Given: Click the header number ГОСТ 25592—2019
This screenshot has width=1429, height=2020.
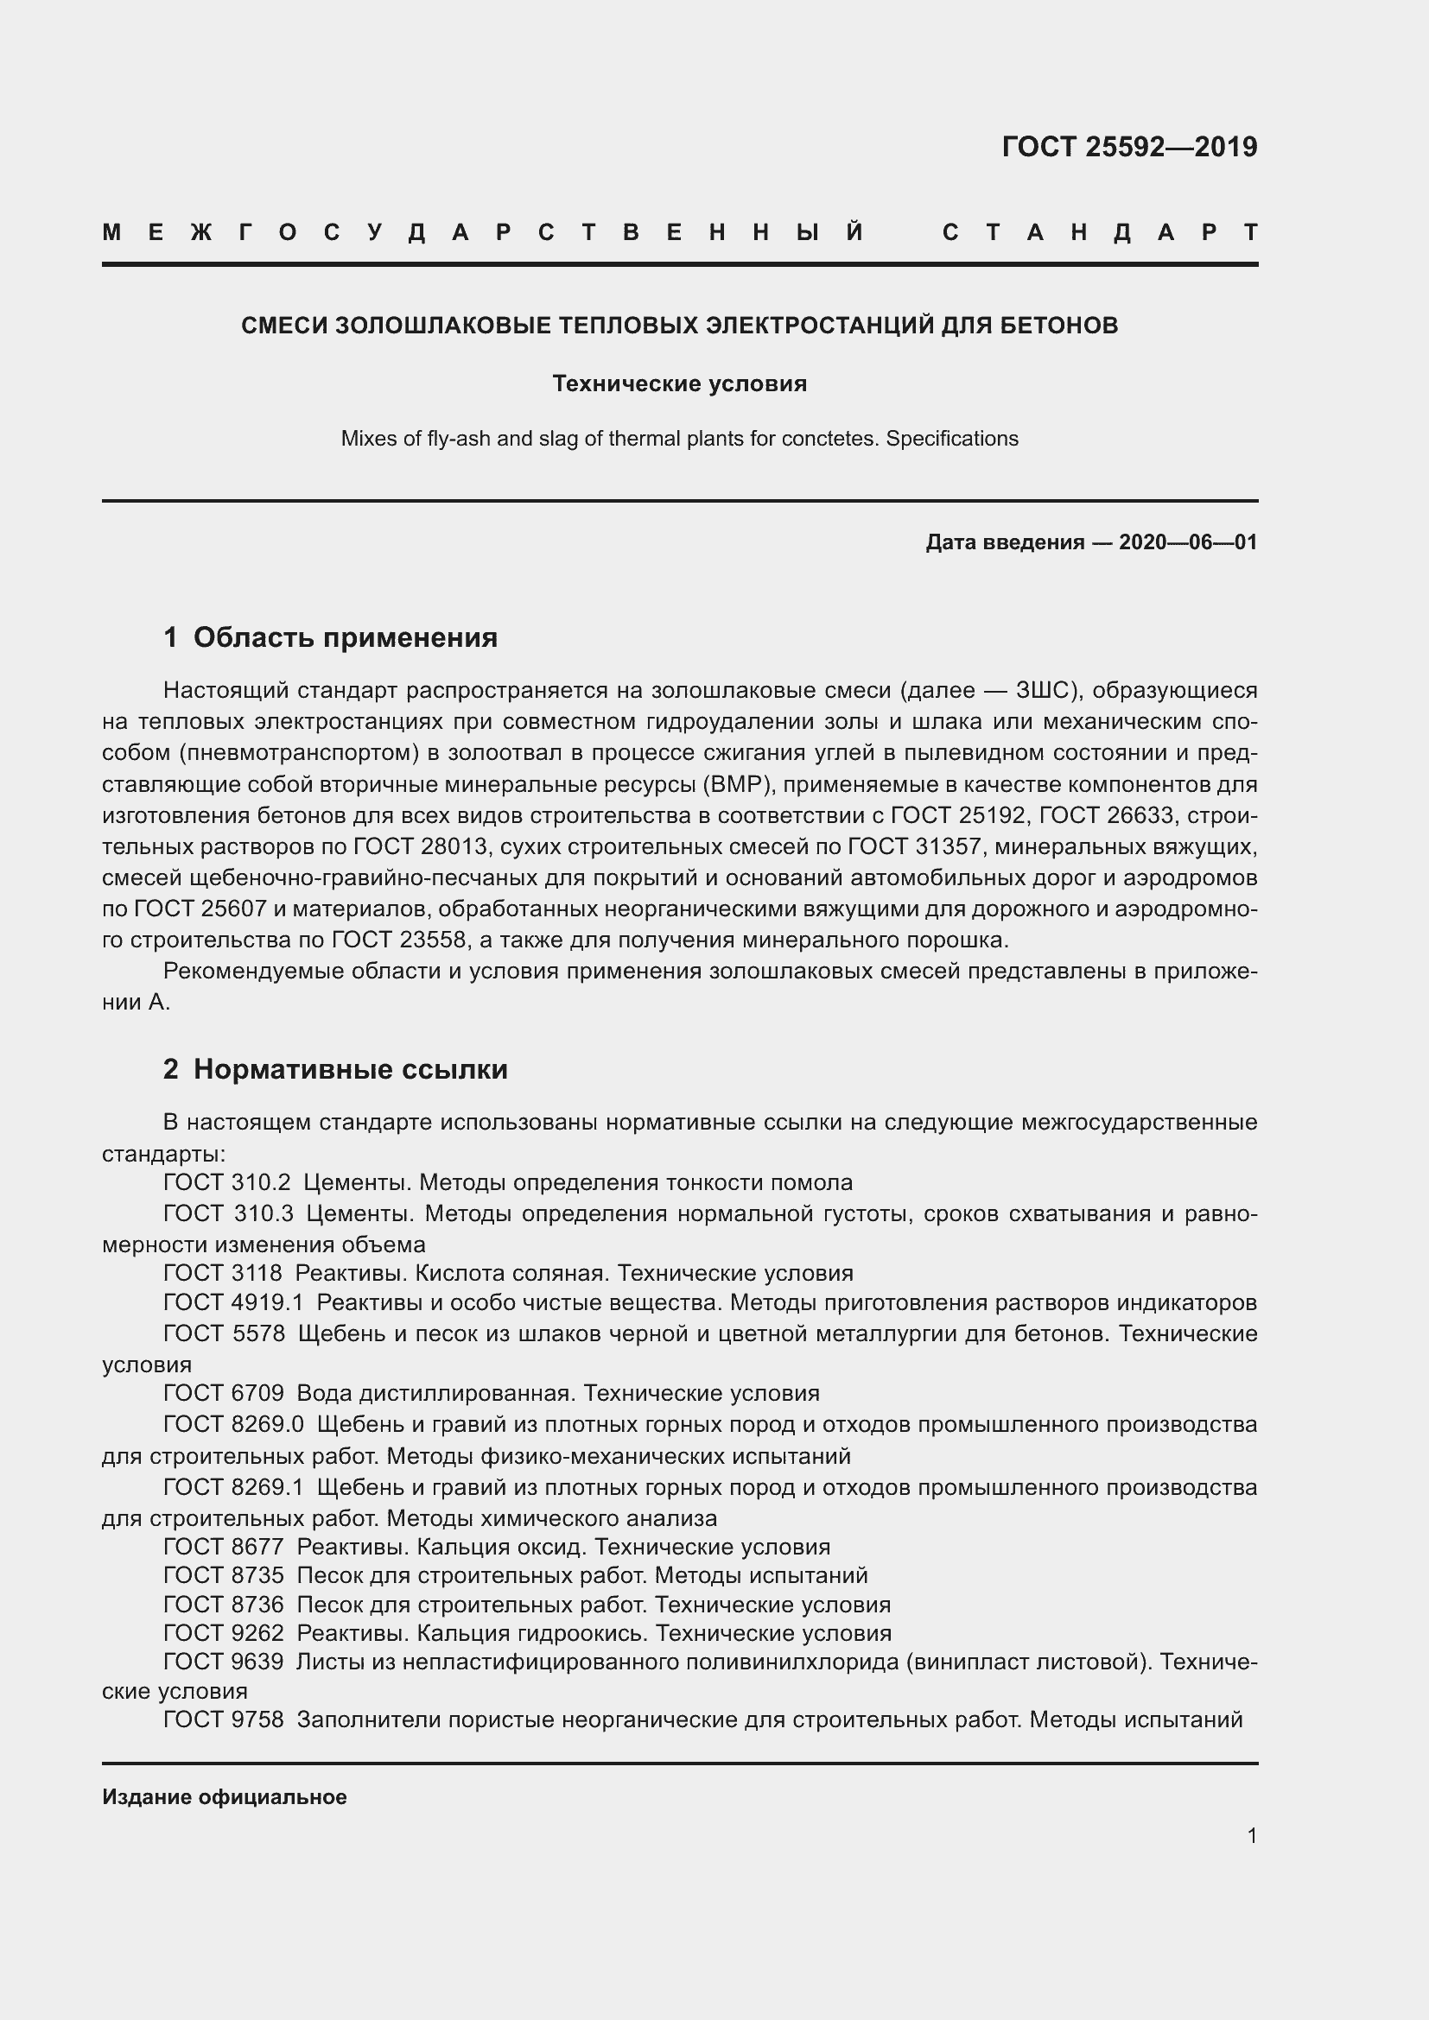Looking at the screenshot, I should coord(1129,147).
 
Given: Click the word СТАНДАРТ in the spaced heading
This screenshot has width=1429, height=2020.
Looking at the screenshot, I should coord(1099,233).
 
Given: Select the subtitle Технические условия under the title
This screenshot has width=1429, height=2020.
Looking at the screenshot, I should coord(679,383).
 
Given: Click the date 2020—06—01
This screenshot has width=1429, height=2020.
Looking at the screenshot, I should coord(1188,542).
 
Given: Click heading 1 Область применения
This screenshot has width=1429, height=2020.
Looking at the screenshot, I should coord(331,637).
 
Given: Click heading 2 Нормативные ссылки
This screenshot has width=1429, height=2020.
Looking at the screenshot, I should coord(335,1069).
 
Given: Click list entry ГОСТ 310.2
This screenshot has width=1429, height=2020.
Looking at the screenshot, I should coord(226,1182).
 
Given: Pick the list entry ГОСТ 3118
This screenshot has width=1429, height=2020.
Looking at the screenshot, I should coord(223,1273).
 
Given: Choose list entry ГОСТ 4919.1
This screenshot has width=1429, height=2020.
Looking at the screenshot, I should coord(233,1302).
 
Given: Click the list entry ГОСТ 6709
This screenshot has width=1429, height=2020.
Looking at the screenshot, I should coord(224,1393).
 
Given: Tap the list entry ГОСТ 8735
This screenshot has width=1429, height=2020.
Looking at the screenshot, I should coord(224,1575).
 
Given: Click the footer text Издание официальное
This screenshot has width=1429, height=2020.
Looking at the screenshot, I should coord(225,1796).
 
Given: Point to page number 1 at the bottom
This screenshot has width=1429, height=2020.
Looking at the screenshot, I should coord(1251,1835).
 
